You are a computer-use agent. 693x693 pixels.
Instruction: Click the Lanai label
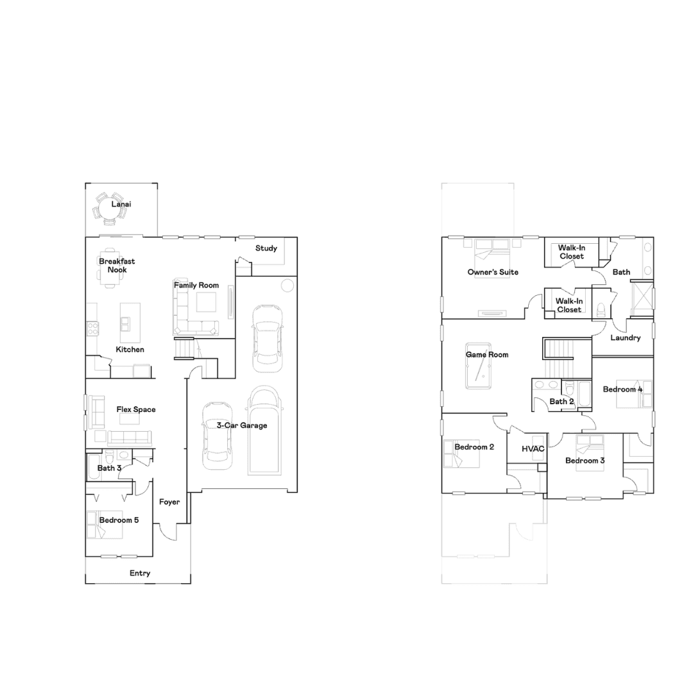(x=121, y=204)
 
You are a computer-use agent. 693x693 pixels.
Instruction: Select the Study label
(x=266, y=248)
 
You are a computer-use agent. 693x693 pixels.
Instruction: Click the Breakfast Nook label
(x=117, y=266)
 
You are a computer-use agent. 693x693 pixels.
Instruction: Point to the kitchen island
(x=130, y=323)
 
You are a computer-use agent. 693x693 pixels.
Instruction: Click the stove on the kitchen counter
(x=93, y=329)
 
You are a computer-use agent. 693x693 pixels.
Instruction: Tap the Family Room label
(x=196, y=286)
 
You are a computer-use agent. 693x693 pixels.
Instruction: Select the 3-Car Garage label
(x=242, y=425)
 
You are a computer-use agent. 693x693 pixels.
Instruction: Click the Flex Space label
(x=135, y=409)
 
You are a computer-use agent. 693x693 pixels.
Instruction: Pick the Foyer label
(x=169, y=502)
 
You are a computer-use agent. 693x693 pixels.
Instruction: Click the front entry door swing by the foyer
(x=167, y=532)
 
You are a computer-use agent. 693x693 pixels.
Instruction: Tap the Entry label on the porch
(x=140, y=573)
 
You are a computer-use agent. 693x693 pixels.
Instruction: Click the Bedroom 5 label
(x=119, y=520)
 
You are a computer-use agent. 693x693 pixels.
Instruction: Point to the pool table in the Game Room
(x=478, y=366)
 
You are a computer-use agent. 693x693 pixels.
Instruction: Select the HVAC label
(x=533, y=449)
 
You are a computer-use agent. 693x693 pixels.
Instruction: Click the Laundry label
(x=626, y=338)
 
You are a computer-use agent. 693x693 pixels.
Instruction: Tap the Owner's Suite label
(x=493, y=272)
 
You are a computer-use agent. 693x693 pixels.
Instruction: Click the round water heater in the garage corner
(x=287, y=286)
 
